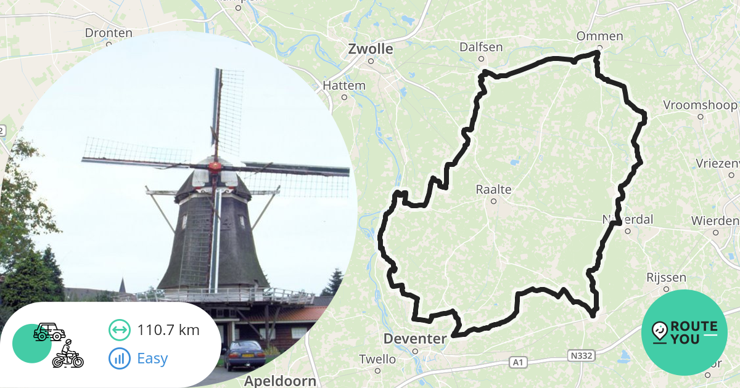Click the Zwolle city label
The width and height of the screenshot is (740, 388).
pyautogui.click(x=371, y=49)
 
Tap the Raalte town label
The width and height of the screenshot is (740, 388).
pyautogui.click(x=494, y=189)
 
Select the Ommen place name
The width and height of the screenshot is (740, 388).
pyautogui.click(x=599, y=36)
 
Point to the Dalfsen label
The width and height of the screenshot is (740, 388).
pyautogui.click(x=481, y=47)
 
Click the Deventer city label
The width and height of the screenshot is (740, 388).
pyautogui.click(x=414, y=339)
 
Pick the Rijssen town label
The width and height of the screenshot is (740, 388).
pyautogui.click(x=662, y=277)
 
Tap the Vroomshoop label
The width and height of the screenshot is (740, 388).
pyautogui.click(x=700, y=105)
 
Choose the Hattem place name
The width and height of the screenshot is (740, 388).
pyautogui.click(x=344, y=86)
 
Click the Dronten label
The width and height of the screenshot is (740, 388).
pyautogui.click(x=109, y=33)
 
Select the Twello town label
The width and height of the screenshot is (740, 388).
pyautogui.click(x=377, y=359)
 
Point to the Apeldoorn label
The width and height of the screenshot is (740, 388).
pyautogui.click(x=280, y=380)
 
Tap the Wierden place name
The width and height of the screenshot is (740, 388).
pyautogui.click(x=715, y=220)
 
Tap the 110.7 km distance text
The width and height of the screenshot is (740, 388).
pyautogui.click(x=168, y=330)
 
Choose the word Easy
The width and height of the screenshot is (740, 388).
pyautogui.click(x=152, y=358)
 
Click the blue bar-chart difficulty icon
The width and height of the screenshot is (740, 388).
pyautogui.click(x=120, y=358)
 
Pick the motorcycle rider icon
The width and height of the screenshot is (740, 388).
pyautogui.click(x=68, y=355)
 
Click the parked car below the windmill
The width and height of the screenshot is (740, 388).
pyautogui.click(x=245, y=354)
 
